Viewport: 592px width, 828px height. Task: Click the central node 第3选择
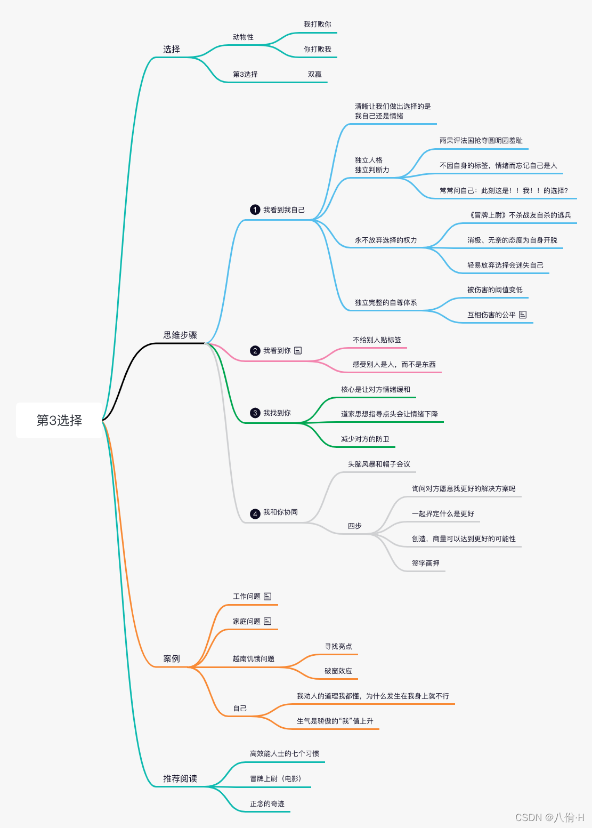[59, 420]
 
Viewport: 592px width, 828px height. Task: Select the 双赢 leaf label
[314, 75]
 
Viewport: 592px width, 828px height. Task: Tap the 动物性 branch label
[243, 37]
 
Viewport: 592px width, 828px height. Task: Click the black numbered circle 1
[255, 210]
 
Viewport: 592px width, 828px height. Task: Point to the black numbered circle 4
[255, 513]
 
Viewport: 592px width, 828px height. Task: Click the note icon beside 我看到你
[298, 350]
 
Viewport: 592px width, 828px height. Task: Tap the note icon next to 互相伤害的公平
[523, 315]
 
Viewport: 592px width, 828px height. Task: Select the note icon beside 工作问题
[267, 596]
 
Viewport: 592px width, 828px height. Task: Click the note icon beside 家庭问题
[267, 621]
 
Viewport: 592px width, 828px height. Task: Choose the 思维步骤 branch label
[180, 335]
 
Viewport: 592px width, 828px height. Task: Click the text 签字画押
[425, 563]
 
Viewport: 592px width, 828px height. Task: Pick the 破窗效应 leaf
[338, 671]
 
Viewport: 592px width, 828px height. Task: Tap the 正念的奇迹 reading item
[267, 803]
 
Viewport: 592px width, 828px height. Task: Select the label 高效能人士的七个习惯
[285, 753]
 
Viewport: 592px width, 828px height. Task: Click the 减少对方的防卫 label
[365, 439]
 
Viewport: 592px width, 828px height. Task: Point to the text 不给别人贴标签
[377, 340]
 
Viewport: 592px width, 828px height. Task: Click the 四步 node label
[354, 526]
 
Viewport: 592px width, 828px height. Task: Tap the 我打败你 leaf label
[317, 25]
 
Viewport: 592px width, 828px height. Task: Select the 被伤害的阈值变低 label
[494, 290]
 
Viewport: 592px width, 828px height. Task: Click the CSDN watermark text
[549, 817]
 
